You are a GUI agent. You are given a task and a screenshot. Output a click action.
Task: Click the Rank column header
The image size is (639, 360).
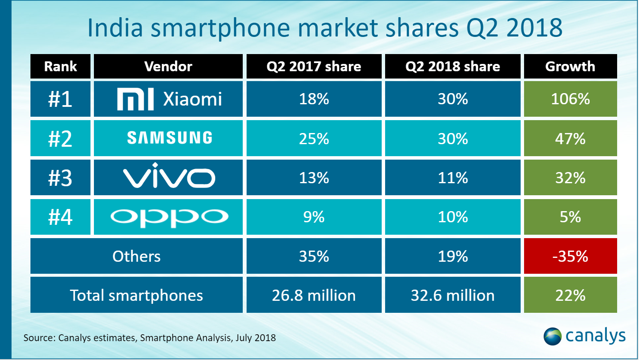[x=60, y=67]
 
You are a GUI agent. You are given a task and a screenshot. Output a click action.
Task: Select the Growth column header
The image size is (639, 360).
[x=570, y=67]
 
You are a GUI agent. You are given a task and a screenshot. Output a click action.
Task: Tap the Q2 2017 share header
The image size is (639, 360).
[x=313, y=67]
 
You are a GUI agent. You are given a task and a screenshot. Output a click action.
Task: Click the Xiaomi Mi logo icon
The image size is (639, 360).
[x=135, y=100]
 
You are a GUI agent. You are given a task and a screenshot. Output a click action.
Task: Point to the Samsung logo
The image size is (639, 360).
[x=169, y=138]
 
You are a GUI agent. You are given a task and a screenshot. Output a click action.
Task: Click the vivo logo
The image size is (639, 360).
[x=169, y=176]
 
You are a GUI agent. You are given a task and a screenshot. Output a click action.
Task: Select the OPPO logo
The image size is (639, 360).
[x=169, y=217]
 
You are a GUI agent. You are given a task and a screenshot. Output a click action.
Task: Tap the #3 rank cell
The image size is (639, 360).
[x=60, y=178]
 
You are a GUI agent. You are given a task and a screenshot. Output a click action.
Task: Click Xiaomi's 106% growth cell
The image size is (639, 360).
[x=570, y=99]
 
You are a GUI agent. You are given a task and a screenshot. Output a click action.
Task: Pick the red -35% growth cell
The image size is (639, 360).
[x=570, y=256]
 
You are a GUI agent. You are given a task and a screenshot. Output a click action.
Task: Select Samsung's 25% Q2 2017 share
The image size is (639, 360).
[x=313, y=139]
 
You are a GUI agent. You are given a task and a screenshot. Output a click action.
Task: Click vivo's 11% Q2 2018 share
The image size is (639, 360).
[x=452, y=178]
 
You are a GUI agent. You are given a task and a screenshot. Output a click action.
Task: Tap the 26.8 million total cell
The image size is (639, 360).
[x=313, y=295]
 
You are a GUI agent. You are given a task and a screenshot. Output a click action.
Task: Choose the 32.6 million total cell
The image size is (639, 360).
[x=452, y=295]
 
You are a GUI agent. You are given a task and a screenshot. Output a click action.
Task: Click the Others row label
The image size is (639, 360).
[x=136, y=256]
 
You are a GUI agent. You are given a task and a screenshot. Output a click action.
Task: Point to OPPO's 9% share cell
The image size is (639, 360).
[x=313, y=217]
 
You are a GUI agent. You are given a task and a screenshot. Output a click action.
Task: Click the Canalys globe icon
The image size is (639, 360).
[x=552, y=336]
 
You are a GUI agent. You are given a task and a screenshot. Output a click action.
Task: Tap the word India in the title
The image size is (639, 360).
[x=115, y=28]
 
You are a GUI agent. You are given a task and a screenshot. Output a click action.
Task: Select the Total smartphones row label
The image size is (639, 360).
[x=136, y=295]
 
